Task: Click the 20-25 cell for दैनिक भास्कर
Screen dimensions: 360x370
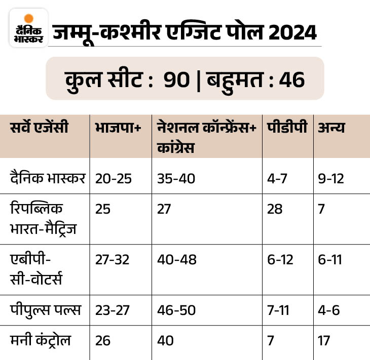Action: [112, 178]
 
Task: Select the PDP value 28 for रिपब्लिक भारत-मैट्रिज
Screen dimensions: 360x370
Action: [275, 209]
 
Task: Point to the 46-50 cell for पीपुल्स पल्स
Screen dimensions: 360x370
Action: [176, 310]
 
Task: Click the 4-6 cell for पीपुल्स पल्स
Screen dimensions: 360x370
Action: [329, 310]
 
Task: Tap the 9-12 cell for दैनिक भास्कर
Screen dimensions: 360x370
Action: [330, 178]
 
